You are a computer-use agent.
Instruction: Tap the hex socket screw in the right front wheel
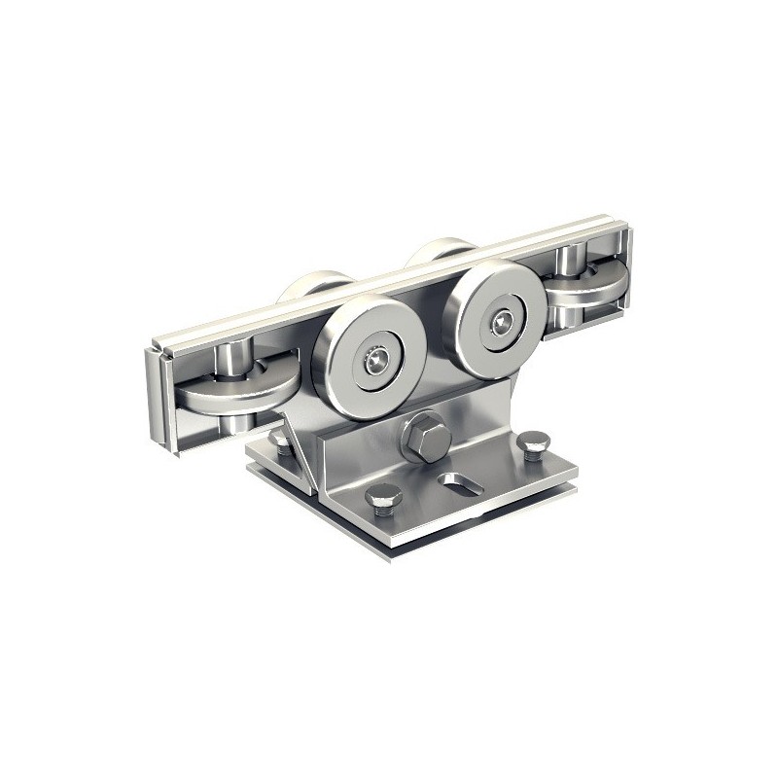pyautogui.click(x=501, y=320)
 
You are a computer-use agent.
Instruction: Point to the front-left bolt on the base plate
pyautogui.click(x=384, y=499)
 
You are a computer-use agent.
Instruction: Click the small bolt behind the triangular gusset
pyautogui.click(x=281, y=444)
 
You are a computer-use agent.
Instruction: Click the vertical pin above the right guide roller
pyautogui.click(x=569, y=261)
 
